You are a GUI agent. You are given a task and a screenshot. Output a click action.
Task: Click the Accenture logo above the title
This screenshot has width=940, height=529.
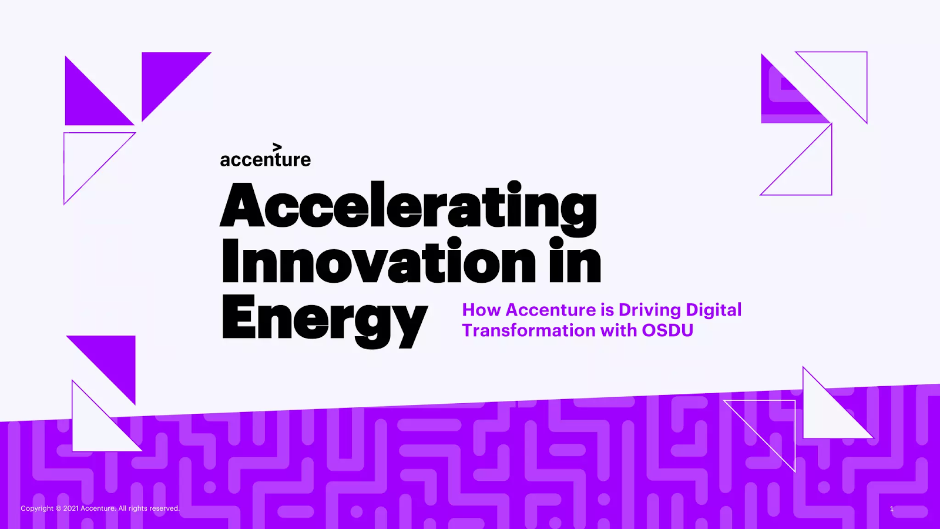pyautogui.click(x=266, y=155)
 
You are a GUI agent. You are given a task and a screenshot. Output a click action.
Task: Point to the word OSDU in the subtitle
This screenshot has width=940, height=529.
pyautogui.click(x=667, y=330)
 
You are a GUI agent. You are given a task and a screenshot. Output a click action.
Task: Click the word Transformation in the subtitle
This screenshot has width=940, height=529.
pyautogui.click(x=529, y=330)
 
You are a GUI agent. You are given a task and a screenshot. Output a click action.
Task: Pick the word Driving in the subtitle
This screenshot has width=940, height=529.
pyautogui.click(x=650, y=310)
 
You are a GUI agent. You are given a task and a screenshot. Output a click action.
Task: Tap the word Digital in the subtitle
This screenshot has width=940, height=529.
pyautogui.click(x=713, y=310)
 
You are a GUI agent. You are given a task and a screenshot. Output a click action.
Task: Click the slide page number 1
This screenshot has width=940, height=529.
pyautogui.click(x=892, y=509)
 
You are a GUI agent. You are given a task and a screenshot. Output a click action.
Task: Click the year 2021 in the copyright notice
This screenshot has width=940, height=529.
pyautogui.click(x=71, y=508)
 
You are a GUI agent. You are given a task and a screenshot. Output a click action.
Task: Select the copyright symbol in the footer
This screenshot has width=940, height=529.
pyautogui.click(x=58, y=508)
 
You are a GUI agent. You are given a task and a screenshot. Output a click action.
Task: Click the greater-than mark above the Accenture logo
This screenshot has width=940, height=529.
pyautogui.click(x=277, y=148)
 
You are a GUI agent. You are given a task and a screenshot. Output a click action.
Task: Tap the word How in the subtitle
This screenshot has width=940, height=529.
pyautogui.click(x=481, y=310)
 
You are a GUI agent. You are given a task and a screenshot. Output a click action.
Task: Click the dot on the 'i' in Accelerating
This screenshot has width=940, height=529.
pyautogui.click(x=514, y=187)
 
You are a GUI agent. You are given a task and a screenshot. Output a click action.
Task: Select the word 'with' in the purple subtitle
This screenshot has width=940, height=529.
pyautogui.click(x=619, y=330)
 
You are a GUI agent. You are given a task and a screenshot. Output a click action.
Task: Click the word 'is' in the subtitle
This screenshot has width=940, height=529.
pyautogui.click(x=607, y=310)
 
